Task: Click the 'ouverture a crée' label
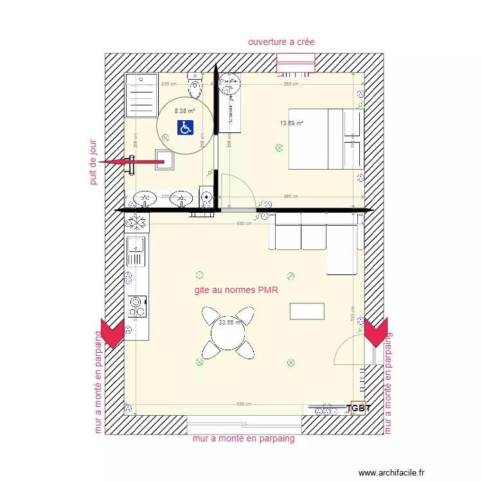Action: [x=281, y=42]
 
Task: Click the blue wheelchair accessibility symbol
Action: [x=185, y=128]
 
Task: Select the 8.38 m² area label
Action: [x=184, y=111]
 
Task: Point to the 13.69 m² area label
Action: [x=291, y=123]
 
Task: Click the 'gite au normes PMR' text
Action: [x=235, y=290]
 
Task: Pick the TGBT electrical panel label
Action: [x=358, y=408]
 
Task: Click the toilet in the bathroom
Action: [x=195, y=84]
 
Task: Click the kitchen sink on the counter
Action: [x=136, y=251]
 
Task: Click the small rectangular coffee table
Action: [x=307, y=311]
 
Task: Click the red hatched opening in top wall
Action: [x=296, y=63]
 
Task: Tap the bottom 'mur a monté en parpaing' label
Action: [x=244, y=439]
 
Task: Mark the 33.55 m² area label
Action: [x=229, y=323]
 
